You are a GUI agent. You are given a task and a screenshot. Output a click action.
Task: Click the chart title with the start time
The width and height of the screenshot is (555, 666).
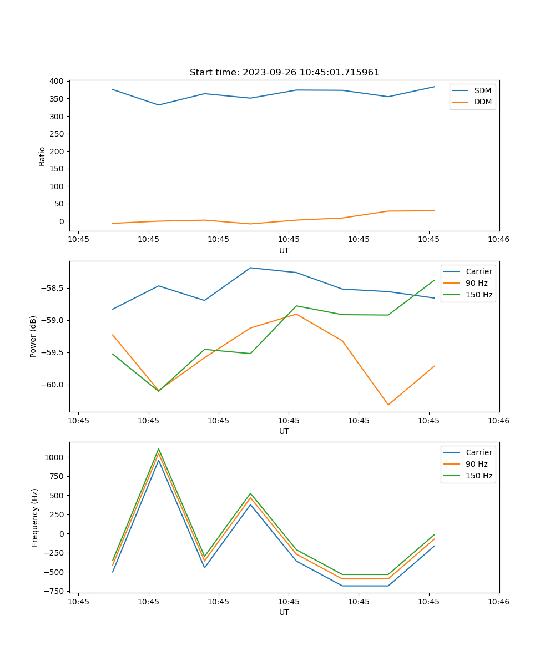284,73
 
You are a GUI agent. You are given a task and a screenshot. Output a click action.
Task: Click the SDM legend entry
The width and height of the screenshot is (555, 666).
482,90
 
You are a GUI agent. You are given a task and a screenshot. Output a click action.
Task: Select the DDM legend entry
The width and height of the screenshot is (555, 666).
482,102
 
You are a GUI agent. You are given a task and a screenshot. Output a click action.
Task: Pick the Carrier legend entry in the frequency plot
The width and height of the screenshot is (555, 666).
478,452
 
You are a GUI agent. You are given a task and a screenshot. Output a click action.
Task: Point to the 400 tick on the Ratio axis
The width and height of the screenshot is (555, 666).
57,81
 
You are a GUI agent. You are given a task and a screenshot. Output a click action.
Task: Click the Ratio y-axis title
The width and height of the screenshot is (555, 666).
42,156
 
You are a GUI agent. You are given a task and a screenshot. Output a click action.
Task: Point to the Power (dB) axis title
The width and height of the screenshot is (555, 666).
33,336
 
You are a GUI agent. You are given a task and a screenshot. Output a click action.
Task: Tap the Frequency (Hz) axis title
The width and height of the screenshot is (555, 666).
35,517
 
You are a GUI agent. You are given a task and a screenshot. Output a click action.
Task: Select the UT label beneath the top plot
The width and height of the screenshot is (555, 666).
284,250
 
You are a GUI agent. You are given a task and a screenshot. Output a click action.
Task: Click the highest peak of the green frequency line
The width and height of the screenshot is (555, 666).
159,449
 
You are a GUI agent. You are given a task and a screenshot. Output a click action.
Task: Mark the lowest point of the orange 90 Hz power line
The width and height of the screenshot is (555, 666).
388,405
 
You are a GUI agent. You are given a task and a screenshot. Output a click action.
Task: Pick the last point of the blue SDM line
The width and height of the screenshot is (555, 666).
434,87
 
